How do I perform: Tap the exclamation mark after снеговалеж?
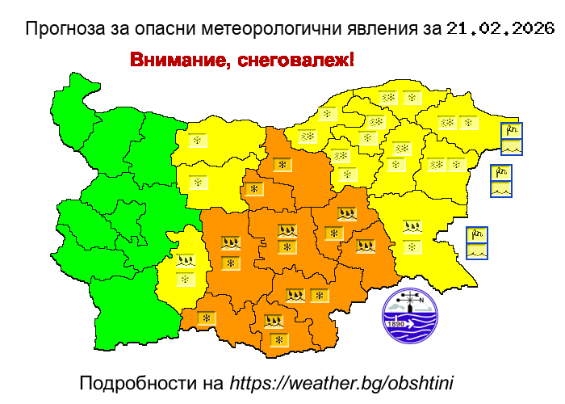[351, 61]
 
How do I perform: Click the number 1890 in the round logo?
[396, 324]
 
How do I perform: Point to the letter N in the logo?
[421, 298]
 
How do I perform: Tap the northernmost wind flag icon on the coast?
[511, 131]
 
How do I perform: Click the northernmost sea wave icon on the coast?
[511, 147]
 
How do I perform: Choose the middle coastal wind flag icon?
[501, 173]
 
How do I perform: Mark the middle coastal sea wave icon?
[501, 189]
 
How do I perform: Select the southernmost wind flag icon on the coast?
[477, 235]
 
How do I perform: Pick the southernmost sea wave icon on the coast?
[477, 251]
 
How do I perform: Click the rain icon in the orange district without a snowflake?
[366, 246]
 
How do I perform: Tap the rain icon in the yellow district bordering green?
[186, 261]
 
